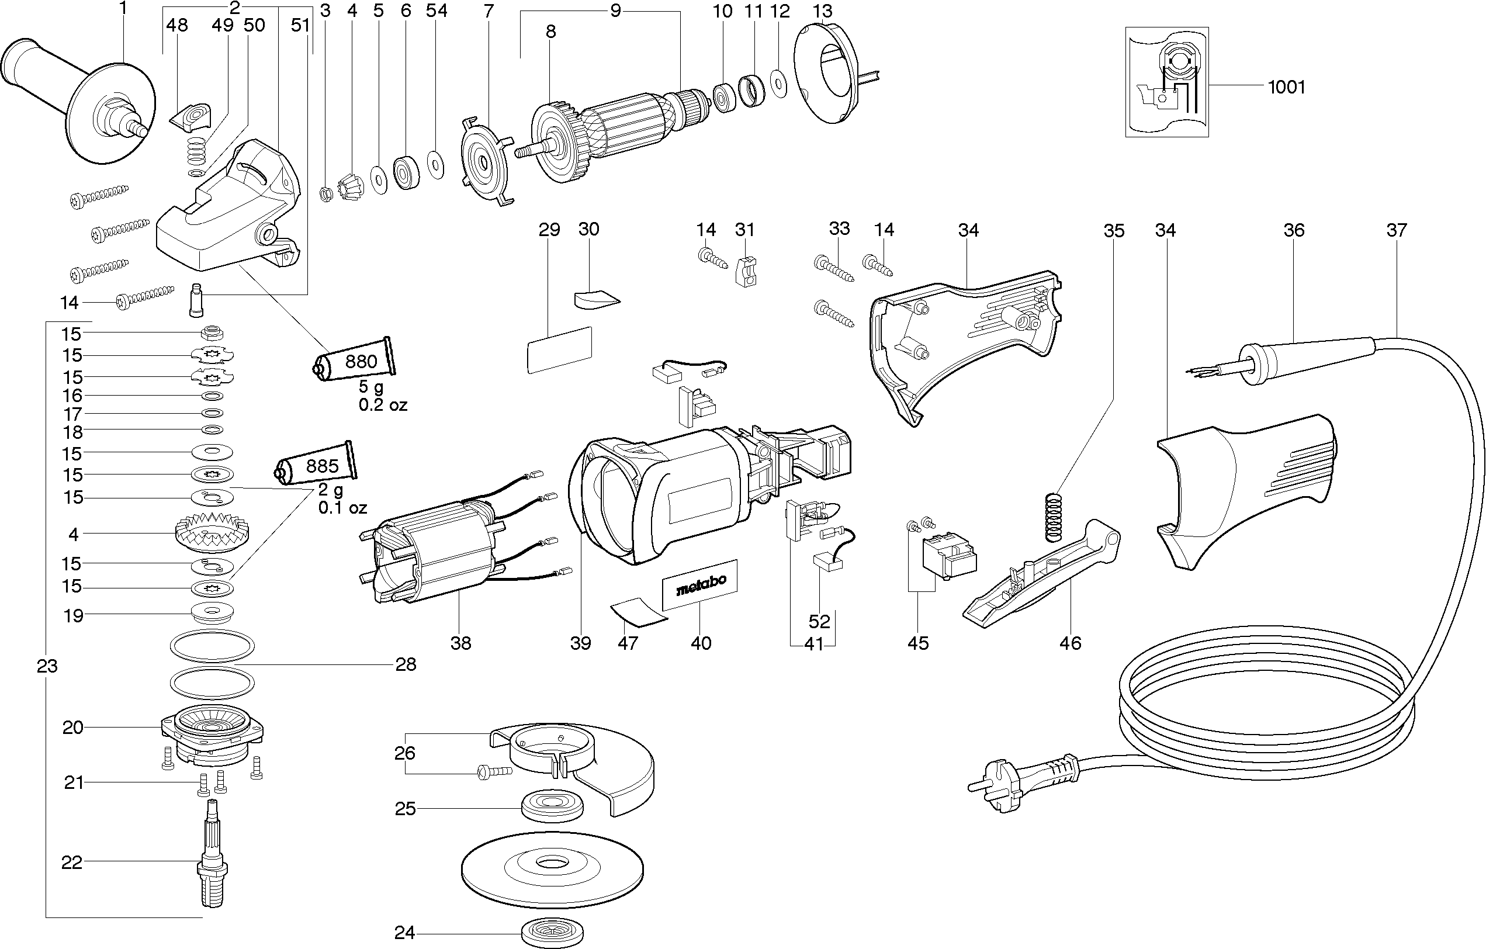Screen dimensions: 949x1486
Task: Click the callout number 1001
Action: click(x=1286, y=87)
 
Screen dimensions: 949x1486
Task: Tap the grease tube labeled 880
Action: click(x=354, y=362)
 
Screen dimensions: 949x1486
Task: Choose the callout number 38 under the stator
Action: click(x=460, y=643)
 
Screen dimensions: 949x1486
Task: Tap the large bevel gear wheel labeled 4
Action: click(x=212, y=533)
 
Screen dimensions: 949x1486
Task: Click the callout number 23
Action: click(x=47, y=666)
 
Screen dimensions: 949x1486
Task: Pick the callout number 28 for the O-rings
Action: click(x=406, y=664)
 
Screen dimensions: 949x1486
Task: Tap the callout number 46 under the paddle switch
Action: click(x=1070, y=643)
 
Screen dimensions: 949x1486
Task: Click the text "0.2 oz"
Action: click(x=383, y=405)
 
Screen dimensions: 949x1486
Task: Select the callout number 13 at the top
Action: click(x=822, y=11)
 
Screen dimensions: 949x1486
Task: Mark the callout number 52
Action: click(x=819, y=621)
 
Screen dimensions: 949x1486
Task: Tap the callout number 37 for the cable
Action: click(x=1396, y=230)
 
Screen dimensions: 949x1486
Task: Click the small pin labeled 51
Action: click(x=196, y=299)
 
